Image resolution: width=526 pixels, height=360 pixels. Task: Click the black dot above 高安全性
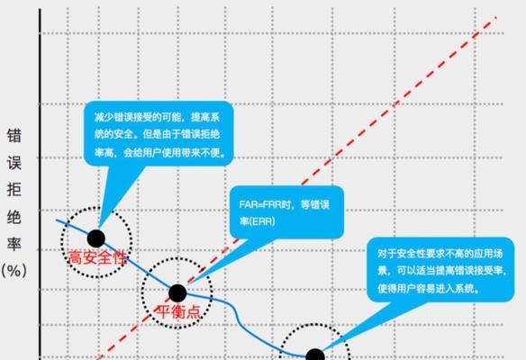pyautogui.click(x=96, y=238)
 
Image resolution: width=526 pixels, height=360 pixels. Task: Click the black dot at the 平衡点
pyautogui.click(x=177, y=293)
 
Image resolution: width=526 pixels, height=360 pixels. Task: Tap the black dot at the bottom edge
pyautogui.click(x=315, y=355)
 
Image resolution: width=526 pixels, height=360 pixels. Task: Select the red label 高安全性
pyautogui.click(x=98, y=257)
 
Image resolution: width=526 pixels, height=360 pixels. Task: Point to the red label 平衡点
pyautogui.click(x=178, y=311)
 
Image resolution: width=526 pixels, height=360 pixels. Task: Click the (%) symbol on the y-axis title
pyautogui.click(x=14, y=271)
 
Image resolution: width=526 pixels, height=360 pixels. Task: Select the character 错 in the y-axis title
pyautogui.click(x=14, y=136)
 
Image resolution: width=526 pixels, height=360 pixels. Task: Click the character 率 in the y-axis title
pyautogui.click(x=14, y=245)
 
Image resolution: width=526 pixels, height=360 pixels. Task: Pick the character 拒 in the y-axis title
pyautogui.click(x=14, y=190)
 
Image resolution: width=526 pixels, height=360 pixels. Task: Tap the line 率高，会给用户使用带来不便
pyautogui.click(x=159, y=153)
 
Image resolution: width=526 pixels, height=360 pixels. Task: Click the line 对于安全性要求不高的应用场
pyautogui.click(x=440, y=254)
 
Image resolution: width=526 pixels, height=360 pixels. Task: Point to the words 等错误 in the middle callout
pyautogui.click(x=315, y=204)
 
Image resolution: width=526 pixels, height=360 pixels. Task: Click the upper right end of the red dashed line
pyautogui.click(x=495, y=17)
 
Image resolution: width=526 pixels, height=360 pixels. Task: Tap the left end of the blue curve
pyautogui.click(x=57, y=220)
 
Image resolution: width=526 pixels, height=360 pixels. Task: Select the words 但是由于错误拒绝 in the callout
pyautogui.click(x=181, y=135)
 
